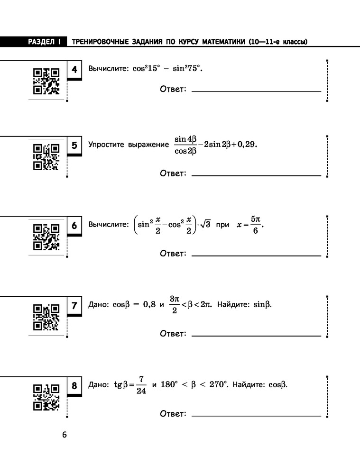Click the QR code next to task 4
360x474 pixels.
point(46,82)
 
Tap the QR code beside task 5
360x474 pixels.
point(46,157)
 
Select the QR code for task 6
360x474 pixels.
point(46,237)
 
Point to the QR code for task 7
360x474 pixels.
point(46,317)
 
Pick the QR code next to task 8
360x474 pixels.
point(46,397)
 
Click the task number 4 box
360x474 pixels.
point(74,70)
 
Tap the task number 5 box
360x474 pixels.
point(74,146)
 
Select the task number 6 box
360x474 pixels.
point(74,226)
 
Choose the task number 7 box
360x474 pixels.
point(74,306)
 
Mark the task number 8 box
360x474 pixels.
point(74,386)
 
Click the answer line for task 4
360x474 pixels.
point(256,91)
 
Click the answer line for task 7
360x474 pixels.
point(256,336)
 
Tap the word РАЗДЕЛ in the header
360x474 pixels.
point(41,42)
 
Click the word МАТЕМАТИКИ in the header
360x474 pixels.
point(223,42)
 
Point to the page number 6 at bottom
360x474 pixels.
point(65,435)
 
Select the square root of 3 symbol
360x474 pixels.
point(205,224)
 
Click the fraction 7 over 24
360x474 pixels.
point(141,385)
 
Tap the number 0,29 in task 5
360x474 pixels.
point(247,144)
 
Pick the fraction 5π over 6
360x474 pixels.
point(256,225)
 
